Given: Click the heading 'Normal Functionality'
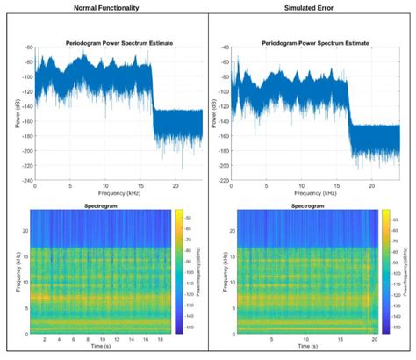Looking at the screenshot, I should coord(104,7).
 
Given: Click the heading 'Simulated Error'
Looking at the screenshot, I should coord(312,7).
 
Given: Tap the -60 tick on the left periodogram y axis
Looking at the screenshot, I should coord(27,47).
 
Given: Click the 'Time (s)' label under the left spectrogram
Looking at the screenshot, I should coord(102,349).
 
